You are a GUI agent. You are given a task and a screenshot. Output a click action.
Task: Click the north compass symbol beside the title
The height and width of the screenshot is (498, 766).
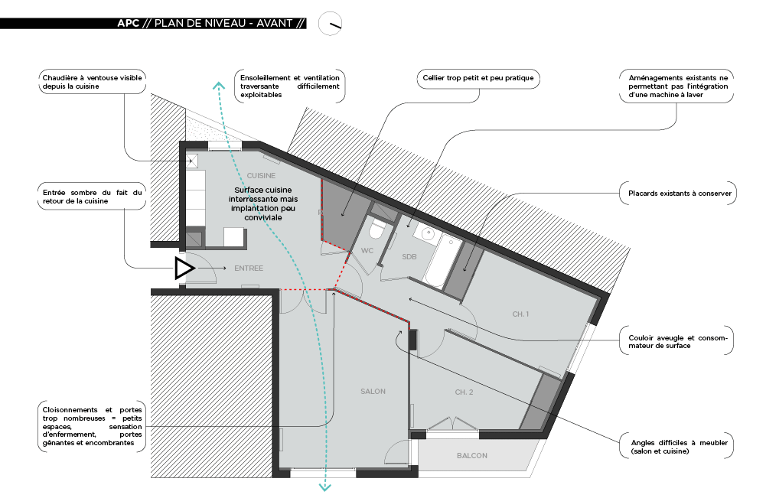(x=330, y=24)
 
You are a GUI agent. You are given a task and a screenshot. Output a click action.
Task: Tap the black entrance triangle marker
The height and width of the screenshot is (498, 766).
(x=184, y=269)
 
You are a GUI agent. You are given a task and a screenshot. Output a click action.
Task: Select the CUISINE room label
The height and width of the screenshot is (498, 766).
(x=261, y=175)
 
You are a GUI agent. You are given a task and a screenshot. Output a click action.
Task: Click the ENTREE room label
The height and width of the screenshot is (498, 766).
(x=249, y=269)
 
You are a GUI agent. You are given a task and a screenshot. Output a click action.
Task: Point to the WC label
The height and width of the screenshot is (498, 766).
(x=367, y=250)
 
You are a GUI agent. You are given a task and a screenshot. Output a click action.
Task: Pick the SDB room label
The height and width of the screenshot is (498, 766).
(x=409, y=257)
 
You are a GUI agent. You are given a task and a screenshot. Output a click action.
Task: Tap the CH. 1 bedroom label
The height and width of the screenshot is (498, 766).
(x=520, y=314)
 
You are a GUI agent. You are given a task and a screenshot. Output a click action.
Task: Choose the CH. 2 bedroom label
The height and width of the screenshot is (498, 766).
(x=464, y=392)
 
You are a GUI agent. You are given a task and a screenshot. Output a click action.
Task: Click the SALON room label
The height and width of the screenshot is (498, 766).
(x=373, y=391)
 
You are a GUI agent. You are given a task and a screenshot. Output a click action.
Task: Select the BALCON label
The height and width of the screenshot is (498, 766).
(x=471, y=455)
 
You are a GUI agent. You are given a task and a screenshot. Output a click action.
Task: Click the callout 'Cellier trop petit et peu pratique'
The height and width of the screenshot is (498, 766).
(x=479, y=78)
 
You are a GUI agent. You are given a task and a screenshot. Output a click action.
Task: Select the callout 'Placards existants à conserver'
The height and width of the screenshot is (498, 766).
(x=677, y=194)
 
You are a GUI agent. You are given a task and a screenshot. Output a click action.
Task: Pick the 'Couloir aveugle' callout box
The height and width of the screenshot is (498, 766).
(x=676, y=341)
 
